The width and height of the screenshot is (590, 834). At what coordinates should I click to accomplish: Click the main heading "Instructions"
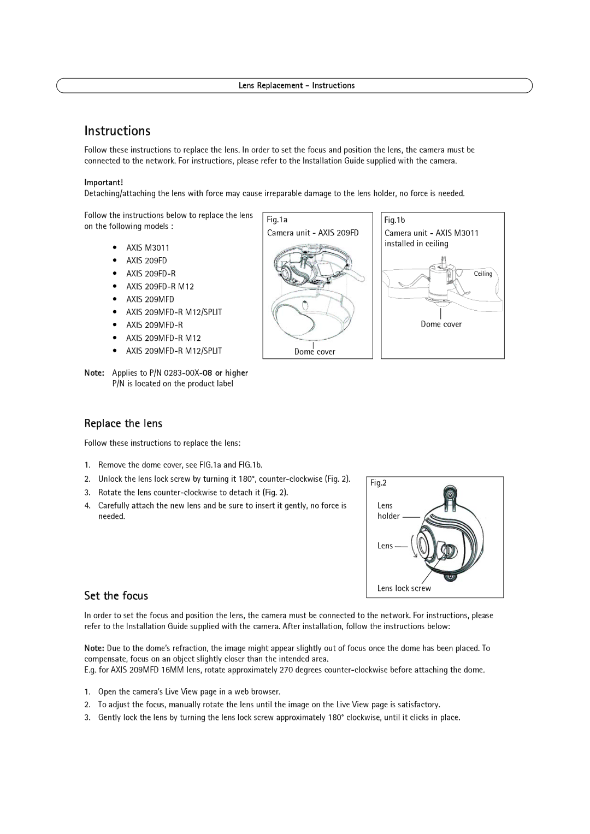[x=117, y=131]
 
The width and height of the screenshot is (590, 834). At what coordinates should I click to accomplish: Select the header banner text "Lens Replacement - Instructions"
[x=297, y=86]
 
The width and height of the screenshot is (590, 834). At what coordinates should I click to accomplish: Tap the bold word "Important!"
[x=104, y=182]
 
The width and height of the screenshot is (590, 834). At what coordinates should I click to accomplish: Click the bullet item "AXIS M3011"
[x=147, y=248]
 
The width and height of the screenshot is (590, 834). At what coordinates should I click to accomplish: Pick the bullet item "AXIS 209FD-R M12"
[x=160, y=287]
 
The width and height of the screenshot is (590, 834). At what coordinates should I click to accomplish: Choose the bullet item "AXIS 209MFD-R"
[x=155, y=326]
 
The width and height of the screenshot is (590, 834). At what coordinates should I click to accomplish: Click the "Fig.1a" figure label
[x=277, y=220]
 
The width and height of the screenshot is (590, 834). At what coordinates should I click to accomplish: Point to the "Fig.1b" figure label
[x=394, y=220]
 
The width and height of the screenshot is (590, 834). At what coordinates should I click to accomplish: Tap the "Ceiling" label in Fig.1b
[x=483, y=274]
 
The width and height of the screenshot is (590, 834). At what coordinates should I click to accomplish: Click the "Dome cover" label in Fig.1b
[x=441, y=324]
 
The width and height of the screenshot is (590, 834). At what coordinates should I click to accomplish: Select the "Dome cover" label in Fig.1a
[x=315, y=352]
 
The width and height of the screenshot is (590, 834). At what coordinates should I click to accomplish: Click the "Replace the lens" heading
[x=123, y=424]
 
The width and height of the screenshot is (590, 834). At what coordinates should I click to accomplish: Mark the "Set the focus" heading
[x=116, y=596]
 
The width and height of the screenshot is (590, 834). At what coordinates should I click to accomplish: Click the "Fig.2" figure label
[x=379, y=483]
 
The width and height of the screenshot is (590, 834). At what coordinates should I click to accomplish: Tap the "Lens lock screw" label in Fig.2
[x=404, y=589]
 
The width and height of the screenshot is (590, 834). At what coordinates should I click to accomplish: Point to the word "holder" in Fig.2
[x=388, y=516]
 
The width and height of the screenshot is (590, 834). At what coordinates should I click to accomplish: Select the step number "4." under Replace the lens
[x=87, y=506]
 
